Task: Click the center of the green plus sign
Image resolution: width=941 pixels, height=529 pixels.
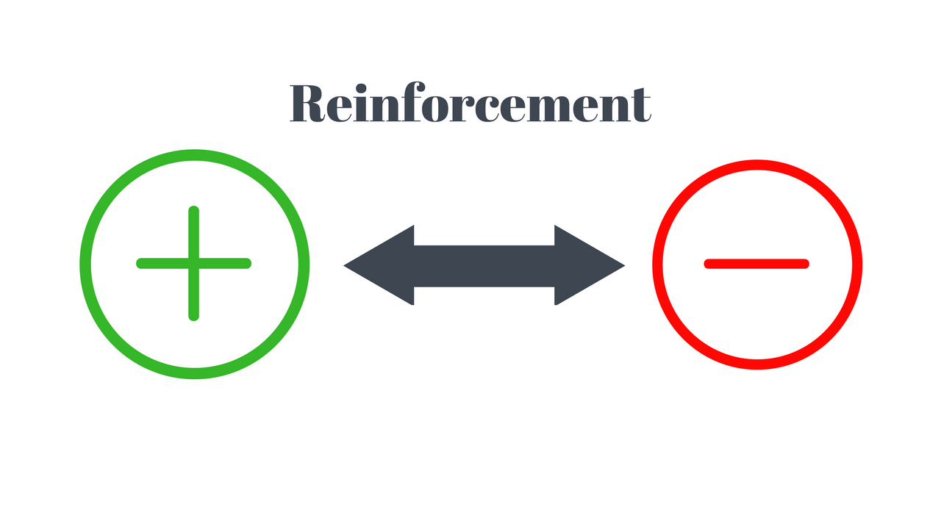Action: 194,263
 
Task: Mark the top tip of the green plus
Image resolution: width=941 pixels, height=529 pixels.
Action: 194,211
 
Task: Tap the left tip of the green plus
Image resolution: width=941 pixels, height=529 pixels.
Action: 140,263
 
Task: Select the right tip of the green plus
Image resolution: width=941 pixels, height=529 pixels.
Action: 248,263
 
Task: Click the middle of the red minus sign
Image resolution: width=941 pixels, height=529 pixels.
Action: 756,264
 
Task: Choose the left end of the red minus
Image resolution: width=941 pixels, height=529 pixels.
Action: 708,264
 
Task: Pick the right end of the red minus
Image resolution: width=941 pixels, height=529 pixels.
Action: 806,264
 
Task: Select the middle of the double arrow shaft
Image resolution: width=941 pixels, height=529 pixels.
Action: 484,265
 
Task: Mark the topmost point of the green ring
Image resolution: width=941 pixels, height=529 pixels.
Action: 195,154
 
